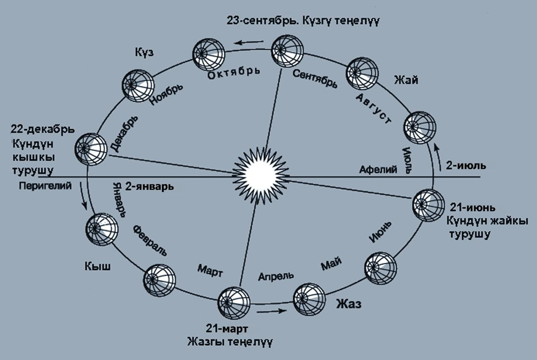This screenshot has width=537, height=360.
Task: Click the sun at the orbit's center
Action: click(261, 175)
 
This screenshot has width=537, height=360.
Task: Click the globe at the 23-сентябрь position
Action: click(287, 51)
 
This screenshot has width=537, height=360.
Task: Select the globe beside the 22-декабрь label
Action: click(91, 149)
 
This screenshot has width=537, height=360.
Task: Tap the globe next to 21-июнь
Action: click(429, 205)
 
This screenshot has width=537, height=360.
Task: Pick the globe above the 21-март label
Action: click(234, 303)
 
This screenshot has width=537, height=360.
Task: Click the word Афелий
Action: click(378, 169)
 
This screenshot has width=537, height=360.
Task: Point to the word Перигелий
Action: click(45, 186)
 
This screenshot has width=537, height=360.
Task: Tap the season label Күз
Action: click(144, 52)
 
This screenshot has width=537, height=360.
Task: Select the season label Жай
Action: click(406, 80)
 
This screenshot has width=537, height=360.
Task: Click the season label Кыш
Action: click(97, 267)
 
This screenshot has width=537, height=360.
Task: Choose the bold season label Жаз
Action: click(349, 304)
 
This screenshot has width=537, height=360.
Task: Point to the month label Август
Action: click(373, 109)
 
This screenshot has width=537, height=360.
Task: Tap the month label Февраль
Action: click(150, 241)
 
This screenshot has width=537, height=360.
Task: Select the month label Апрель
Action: click(276, 276)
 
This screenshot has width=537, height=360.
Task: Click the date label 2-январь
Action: click(150, 186)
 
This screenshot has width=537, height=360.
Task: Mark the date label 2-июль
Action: click(466, 165)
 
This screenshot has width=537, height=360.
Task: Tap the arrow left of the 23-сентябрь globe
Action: click(249, 43)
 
